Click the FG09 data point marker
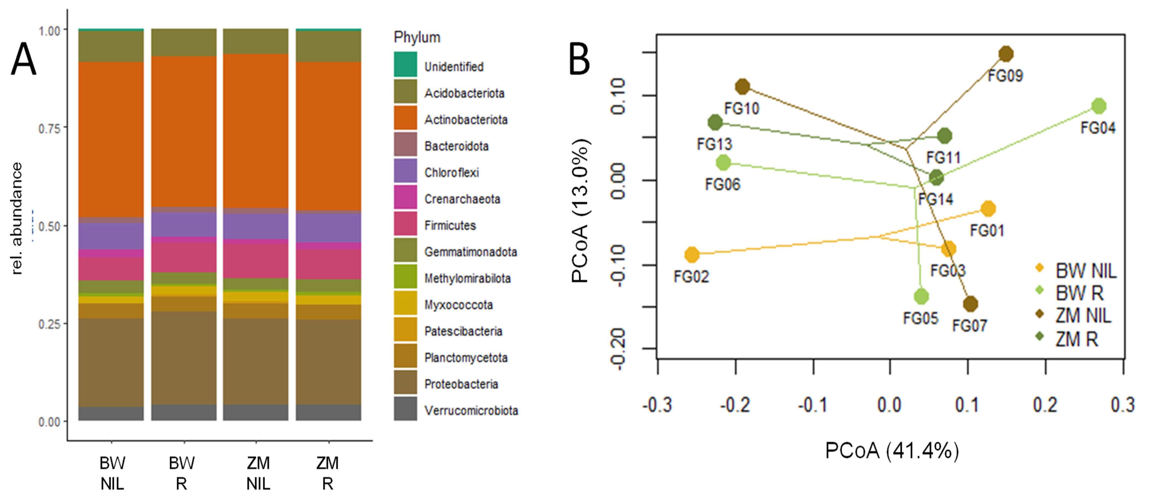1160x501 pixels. pyautogui.click(x=1006, y=54)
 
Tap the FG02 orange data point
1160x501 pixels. pyautogui.click(x=692, y=255)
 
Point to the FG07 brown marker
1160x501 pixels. pyautogui.click(x=970, y=304)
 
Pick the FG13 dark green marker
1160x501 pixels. pyautogui.click(x=715, y=122)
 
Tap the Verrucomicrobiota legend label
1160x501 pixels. pyautogui.click(x=471, y=411)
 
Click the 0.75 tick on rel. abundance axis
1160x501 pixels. pyautogui.click(x=50, y=128)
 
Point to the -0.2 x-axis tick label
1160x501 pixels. pyautogui.click(x=735, y=405)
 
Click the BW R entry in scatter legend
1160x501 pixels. pyautogui.click(x=1079, y=293)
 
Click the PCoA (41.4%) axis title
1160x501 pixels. pyautogui.click(x=892, y=450)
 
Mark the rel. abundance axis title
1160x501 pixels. pyautogui.click(x=17, y=218)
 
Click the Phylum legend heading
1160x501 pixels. pyautogui.click(x=417, y=37)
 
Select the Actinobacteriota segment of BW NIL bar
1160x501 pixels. pyautogui.click(x=111, y=139)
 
